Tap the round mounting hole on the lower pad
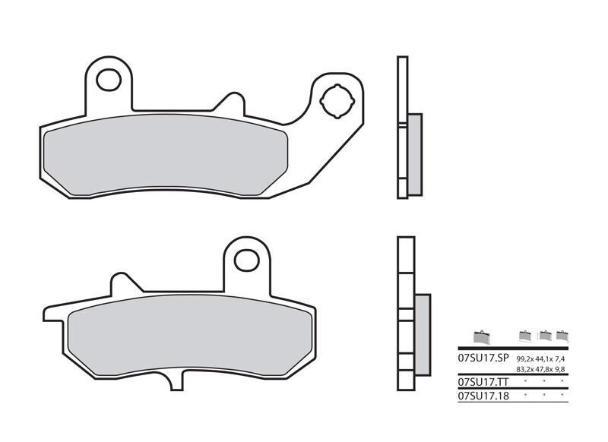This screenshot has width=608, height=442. pos(246,260)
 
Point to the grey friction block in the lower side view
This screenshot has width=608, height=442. pos(422,334)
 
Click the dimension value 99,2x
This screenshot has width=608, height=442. pos(525,358)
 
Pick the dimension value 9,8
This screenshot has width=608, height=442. pos(562,369)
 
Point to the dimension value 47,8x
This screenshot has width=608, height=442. pos(544,369)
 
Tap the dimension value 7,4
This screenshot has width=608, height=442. pos(562,358)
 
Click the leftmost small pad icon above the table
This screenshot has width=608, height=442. pos(480,336)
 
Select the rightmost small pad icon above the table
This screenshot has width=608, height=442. pos(562,336)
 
